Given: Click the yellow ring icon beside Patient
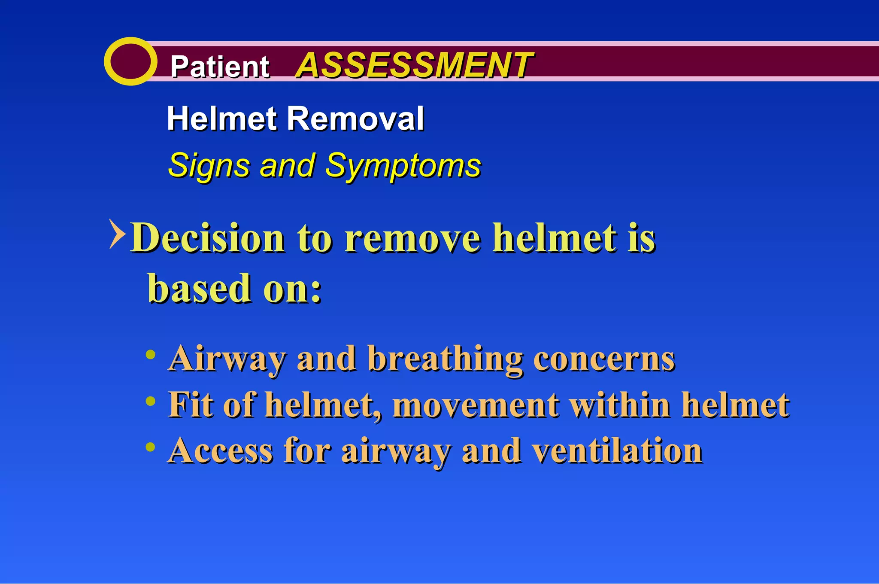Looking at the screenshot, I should [130, 61].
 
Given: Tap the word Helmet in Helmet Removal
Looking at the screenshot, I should [221, 119].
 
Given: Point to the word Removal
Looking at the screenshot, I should [355, 119].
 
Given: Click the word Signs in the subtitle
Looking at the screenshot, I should [209, 166].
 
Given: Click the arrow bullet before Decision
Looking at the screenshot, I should [117, 234].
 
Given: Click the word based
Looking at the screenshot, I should [199, 288].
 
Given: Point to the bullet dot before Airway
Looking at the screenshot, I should [150, 355].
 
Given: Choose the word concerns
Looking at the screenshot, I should [604, 359].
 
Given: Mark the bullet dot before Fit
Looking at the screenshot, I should [150, 401].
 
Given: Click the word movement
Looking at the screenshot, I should [476, 405].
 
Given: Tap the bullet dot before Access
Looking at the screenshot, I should [150, 447].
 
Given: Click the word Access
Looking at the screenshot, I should [221, 450].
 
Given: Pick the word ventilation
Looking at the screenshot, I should [617, 450].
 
